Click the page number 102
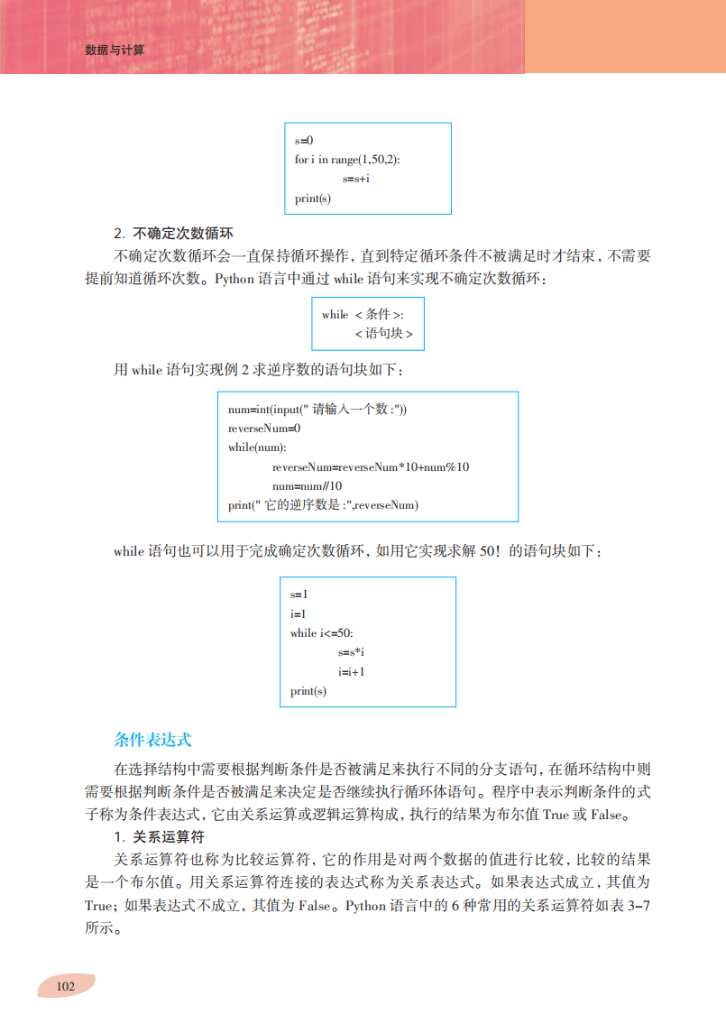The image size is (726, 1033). (x=65, y=985)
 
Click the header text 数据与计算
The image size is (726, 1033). (x=115, y=51)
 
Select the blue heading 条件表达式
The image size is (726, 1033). (x=153, y=739)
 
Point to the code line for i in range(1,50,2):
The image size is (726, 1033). (x=347, y=160)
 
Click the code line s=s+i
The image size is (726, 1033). (x=356, y=180)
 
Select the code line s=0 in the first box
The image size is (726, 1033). (x=303, y=141)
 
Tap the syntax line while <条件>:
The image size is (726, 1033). (x=363, y=314)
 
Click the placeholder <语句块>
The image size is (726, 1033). (x=383, y=334)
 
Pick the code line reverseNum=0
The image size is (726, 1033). (x=264, y=429)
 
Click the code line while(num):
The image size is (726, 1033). (x=257, y=447)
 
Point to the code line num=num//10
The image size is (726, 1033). (x=308, y=486)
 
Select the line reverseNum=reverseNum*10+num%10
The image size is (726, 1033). (x=371, y=467)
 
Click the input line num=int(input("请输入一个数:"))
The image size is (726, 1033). (x=317, y=409)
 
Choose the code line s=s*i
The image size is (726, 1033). (x=351, y=652)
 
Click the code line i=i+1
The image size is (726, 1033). (x=351, y=672)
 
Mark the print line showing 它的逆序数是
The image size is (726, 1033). (x=324, y=505)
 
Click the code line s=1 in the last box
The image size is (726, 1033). (x=299, y=595)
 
